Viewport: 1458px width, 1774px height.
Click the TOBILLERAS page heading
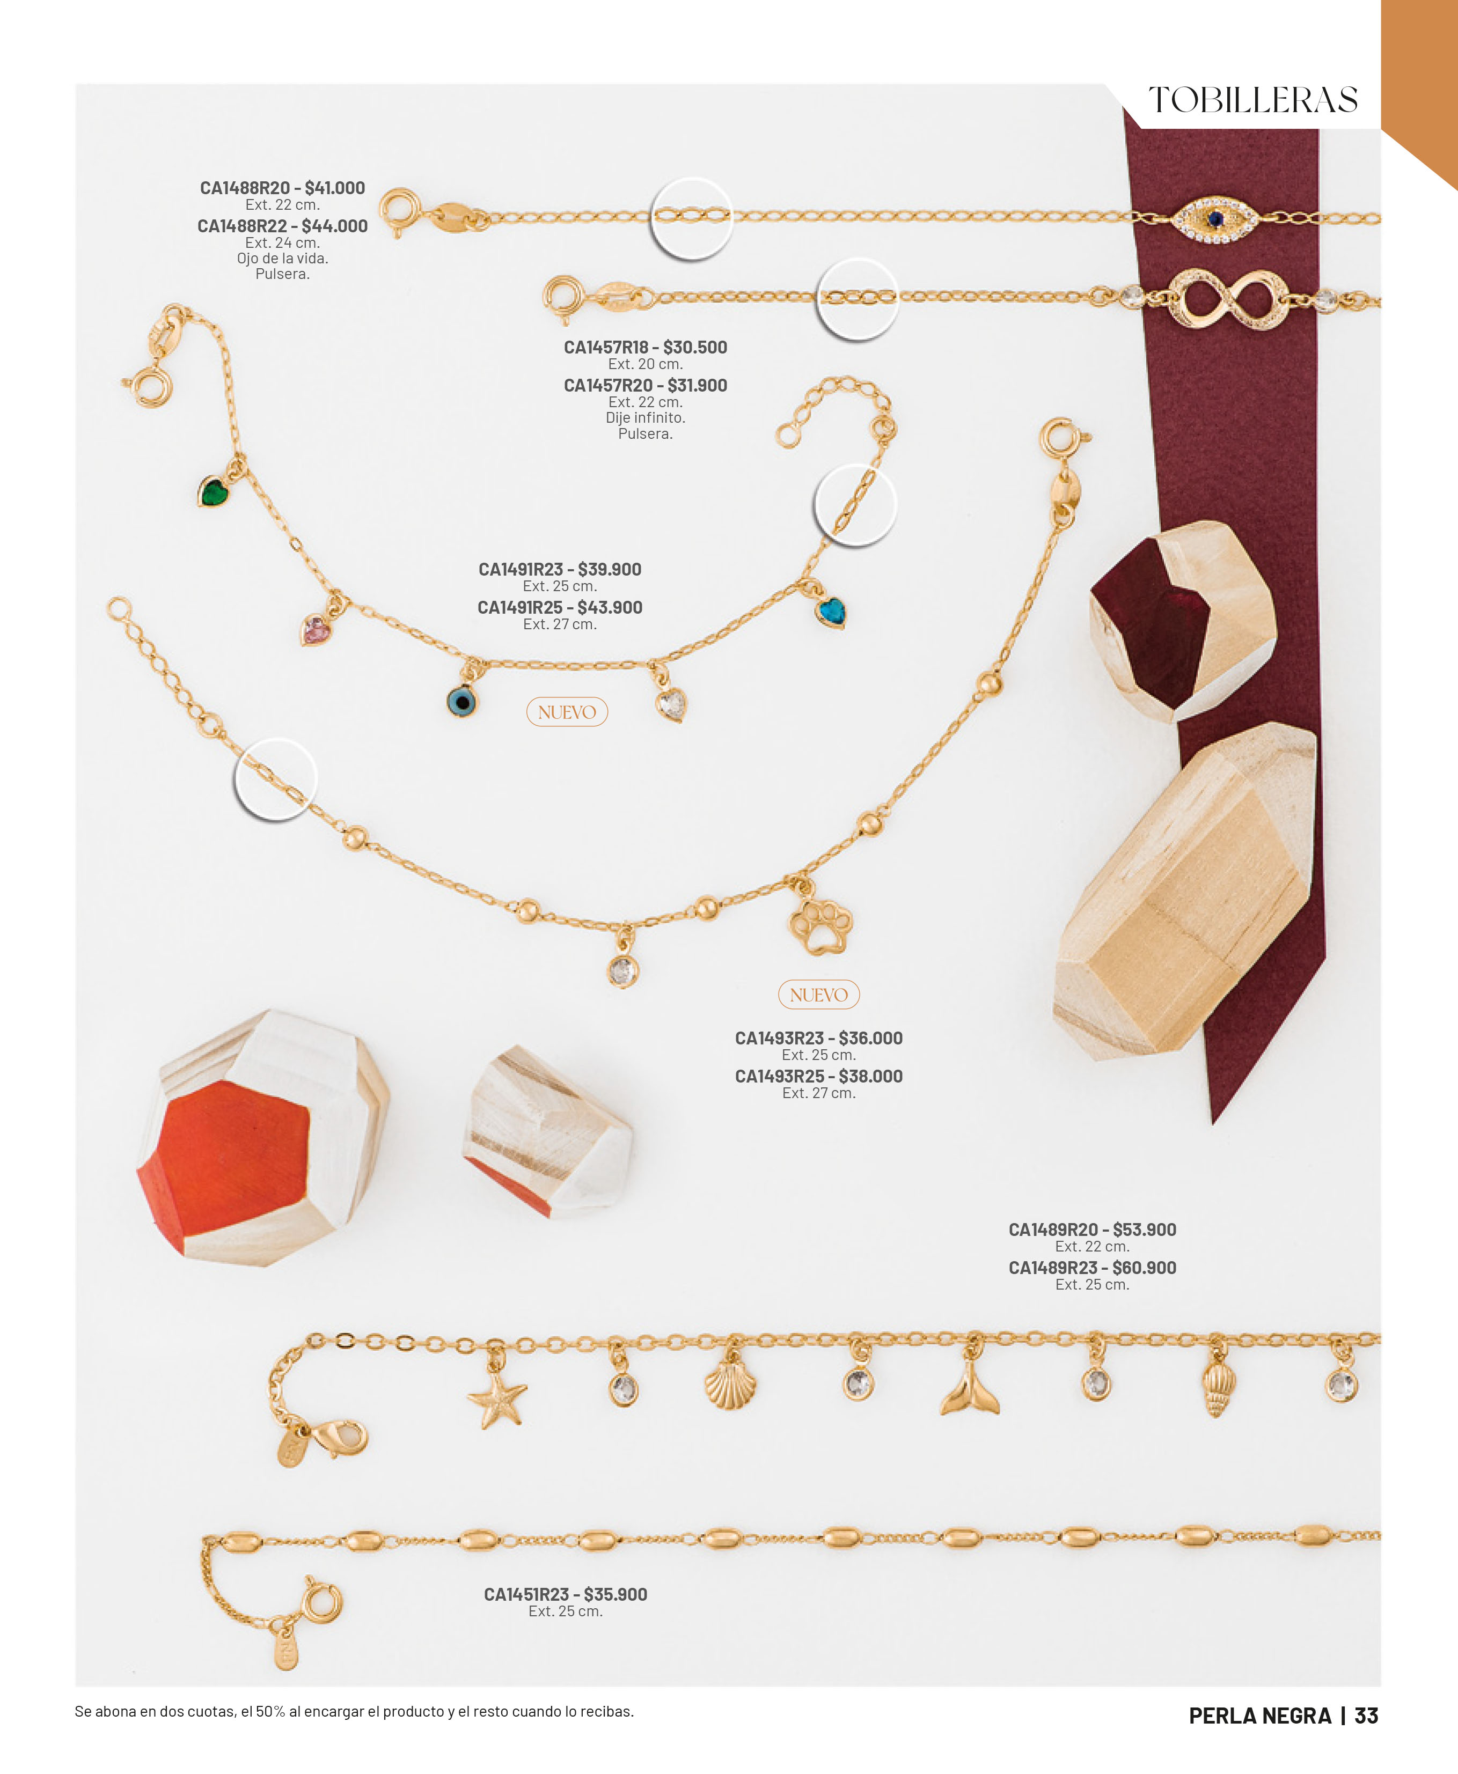pos(1253,100)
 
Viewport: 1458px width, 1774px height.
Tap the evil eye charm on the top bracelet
pos(1215,219)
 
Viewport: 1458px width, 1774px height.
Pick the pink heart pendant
pos(315,630)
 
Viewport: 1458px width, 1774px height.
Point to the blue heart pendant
pos(831,611)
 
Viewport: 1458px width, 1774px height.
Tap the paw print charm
pos(820,926)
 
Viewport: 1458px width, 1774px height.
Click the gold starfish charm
pos(497,1398)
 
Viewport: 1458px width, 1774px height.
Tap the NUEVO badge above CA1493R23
pos(819,995)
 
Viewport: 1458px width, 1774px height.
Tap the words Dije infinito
pos(645,417)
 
